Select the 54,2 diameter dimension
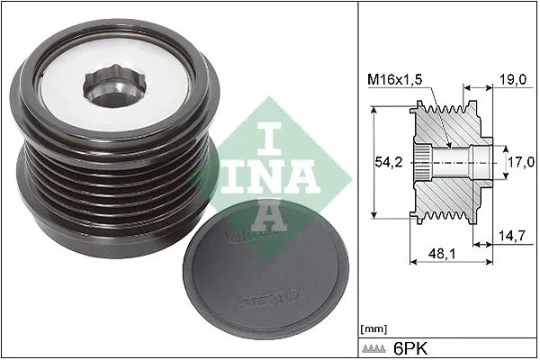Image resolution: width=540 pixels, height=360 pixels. tap(381, 164)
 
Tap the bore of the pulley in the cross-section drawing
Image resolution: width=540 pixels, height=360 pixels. tap(450, 163)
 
